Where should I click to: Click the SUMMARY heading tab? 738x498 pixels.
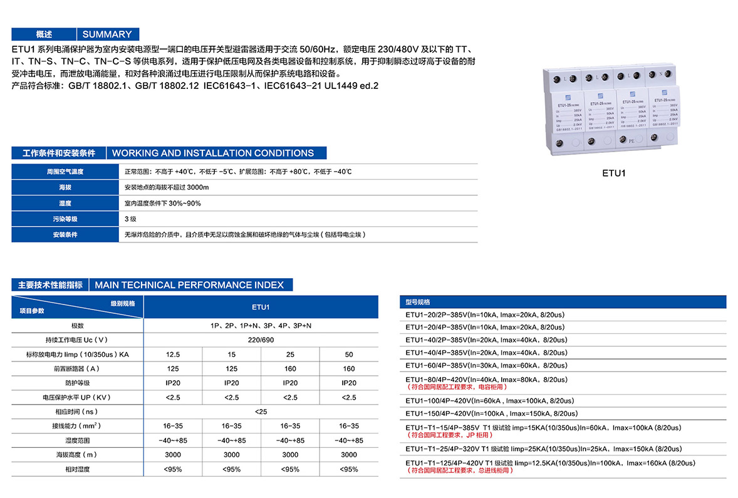pos(107,34)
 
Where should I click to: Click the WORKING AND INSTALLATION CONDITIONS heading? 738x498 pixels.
pos(213,153)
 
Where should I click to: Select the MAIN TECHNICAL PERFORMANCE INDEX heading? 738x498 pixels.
pos(189,285)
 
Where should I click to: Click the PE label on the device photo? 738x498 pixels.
pos(631,142)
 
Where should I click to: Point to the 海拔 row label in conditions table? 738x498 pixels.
pos(65,187)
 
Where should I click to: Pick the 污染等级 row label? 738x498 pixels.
pos(65,219)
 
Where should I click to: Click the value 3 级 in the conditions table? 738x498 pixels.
pos(130,219)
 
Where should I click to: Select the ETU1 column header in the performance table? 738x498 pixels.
pos(261,307)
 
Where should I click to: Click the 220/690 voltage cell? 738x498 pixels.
pos(261,340)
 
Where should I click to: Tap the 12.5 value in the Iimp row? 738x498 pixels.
pos(173,355)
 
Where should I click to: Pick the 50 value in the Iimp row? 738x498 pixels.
pos(349,355)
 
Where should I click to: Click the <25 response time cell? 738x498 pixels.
pos(261,412)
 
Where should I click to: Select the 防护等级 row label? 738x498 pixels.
pos(77,383)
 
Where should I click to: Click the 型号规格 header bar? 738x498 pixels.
pos(563,302)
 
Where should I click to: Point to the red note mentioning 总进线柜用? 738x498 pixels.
pos(460,470)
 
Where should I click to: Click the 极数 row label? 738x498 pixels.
pos(77,326)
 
